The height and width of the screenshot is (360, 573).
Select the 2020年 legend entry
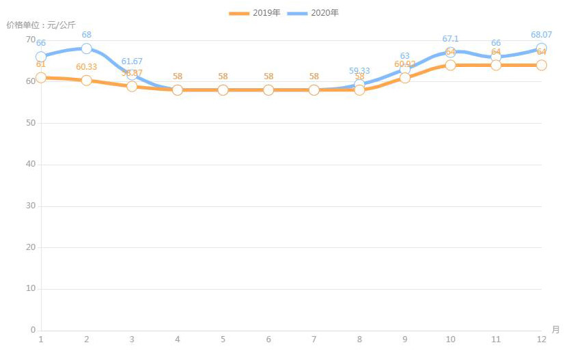(312, 13)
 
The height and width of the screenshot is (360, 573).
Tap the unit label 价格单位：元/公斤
(41, 25)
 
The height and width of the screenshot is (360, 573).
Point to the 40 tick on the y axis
(31, 165)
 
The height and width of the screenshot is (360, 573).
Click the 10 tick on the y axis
(31, 289)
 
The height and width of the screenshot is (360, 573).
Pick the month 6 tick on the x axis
(268, 340)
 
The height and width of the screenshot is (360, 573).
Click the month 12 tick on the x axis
(541, 340)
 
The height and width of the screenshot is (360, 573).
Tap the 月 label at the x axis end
(555, 329)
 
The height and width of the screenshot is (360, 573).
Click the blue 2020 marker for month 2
(87, 49)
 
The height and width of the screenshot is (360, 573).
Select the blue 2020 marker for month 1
(41, 57)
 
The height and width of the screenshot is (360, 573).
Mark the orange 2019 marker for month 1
(41, 77)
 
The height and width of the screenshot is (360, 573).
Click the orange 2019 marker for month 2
(87, 81)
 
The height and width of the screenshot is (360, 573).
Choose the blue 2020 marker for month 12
(541, 49)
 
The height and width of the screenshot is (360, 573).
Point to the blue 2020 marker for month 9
(405, 69)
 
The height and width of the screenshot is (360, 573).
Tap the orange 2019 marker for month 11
(496, 65)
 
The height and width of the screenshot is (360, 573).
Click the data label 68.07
(540, 34)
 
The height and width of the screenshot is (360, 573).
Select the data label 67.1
(450, 39)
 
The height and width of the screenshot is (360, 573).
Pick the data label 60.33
(87, 67)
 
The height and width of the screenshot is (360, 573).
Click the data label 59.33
(359, 70)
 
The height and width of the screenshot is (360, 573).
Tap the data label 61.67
(132, 61)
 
